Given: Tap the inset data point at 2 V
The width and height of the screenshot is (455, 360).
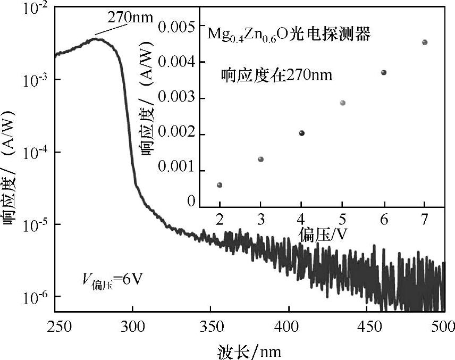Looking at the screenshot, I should pos(220,185).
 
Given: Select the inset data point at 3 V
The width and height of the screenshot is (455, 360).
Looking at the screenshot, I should pos(260,160).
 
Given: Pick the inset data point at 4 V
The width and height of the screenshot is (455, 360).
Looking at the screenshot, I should pos(301,133).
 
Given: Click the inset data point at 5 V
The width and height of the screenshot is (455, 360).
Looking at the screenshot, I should pos(342,103).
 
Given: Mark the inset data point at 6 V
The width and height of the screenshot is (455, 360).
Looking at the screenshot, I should pos(384,72).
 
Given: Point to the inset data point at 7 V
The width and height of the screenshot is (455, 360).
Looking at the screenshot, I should pos(425,42).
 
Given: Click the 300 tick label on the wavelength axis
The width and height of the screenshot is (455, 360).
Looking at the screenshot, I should pos(132,326).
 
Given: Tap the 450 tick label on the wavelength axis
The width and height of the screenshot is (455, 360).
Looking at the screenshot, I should pos(367,326).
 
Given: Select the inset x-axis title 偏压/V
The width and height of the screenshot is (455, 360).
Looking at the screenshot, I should pos(322,234).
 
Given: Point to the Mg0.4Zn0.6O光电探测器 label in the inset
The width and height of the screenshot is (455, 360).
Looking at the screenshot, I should pos(289,35).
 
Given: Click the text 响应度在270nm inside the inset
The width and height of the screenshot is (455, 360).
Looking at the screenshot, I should pos(276,75).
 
